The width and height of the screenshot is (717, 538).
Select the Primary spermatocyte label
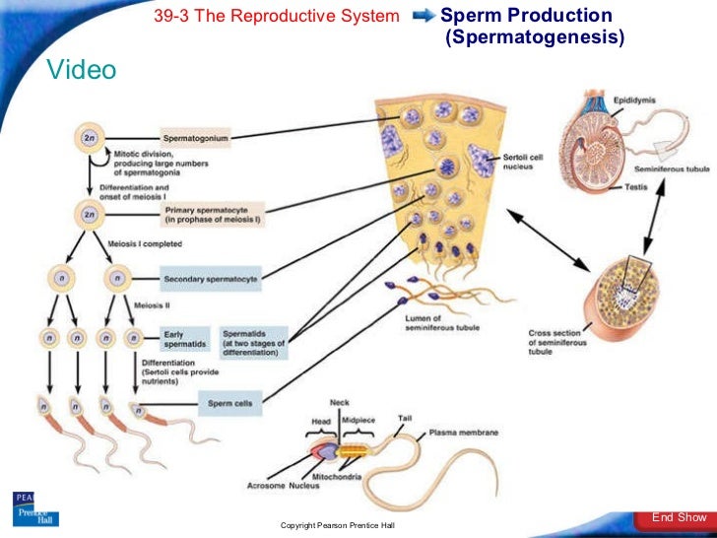click(x=214, y=213)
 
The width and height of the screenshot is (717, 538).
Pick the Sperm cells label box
click(x=228, y=403)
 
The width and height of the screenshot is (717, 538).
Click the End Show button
click(x=679, y=517)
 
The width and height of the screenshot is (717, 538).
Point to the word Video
click(x=81, y=70)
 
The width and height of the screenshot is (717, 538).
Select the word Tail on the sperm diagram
click(x=405, y=419)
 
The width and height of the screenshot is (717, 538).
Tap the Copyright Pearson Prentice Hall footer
click(x=338, y=526)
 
